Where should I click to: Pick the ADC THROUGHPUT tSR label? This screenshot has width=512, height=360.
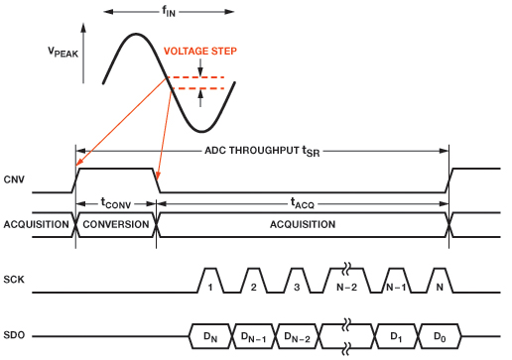(261, 151)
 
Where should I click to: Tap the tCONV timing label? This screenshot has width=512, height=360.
(115, 202)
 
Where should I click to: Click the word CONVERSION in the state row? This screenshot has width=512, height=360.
(115, 224)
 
